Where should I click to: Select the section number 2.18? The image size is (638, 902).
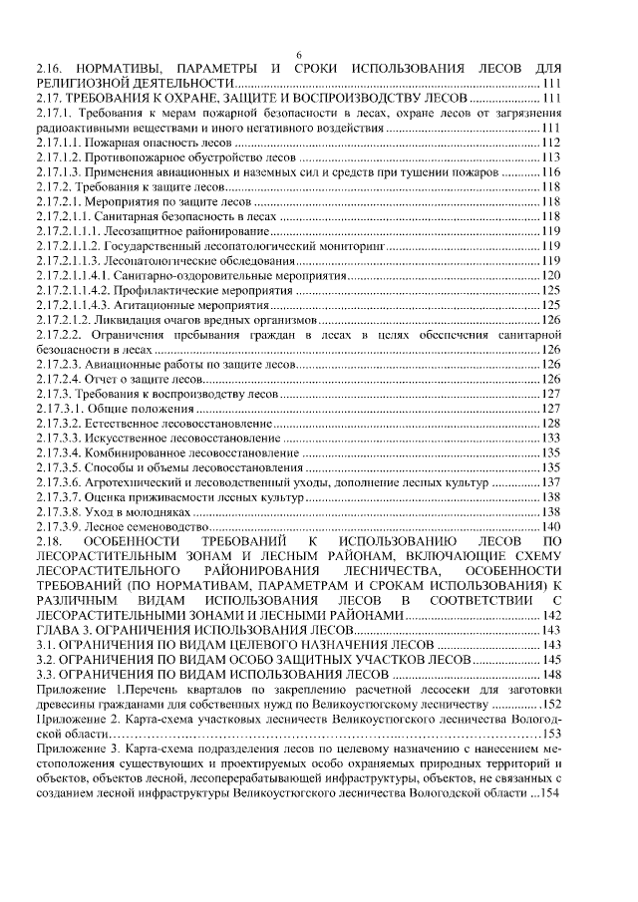click(49, 539)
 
